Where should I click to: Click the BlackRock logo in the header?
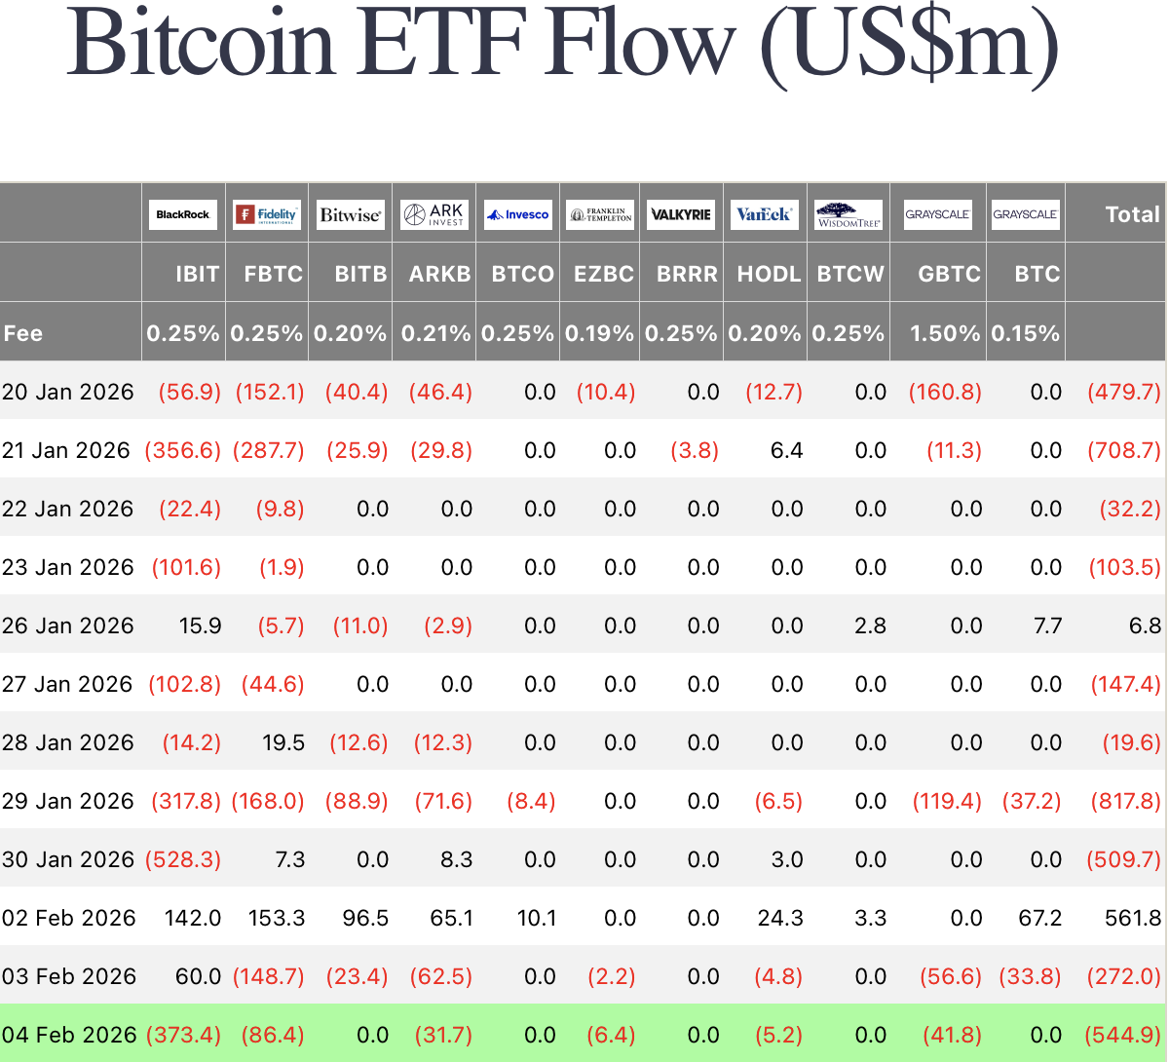click(x=183, y=214)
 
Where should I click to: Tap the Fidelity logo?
click(x=267, y=214)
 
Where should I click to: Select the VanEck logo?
click(x=765, y=214)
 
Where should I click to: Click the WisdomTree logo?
click(x=848, y=214)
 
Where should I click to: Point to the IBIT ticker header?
click(x=197, y=274)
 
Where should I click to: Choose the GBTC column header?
click(x=949, y=274)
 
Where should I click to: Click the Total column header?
click(x=1132, y=214)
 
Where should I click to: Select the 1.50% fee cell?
click(x=944, y=333)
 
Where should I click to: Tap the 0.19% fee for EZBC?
click(x=599, y=333)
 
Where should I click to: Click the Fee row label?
click(x=23, y=333)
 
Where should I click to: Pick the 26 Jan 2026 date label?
click(x=67, y=626)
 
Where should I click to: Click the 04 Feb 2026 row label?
click(x=69, y=1035)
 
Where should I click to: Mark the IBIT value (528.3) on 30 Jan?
click(x=183, y=859)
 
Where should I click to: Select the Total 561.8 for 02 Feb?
click(x=1133, y=918)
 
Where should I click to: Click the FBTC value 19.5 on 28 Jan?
click(x=283, y=742)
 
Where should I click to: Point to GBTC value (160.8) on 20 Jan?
click(x=945, y=392)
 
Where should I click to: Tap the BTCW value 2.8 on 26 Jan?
click(x=870, y=626)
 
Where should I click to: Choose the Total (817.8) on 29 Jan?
click(x=1124, y=801)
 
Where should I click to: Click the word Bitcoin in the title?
click(x=200, y=44)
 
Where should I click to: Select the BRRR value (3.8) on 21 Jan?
click(x=695, y=450)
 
